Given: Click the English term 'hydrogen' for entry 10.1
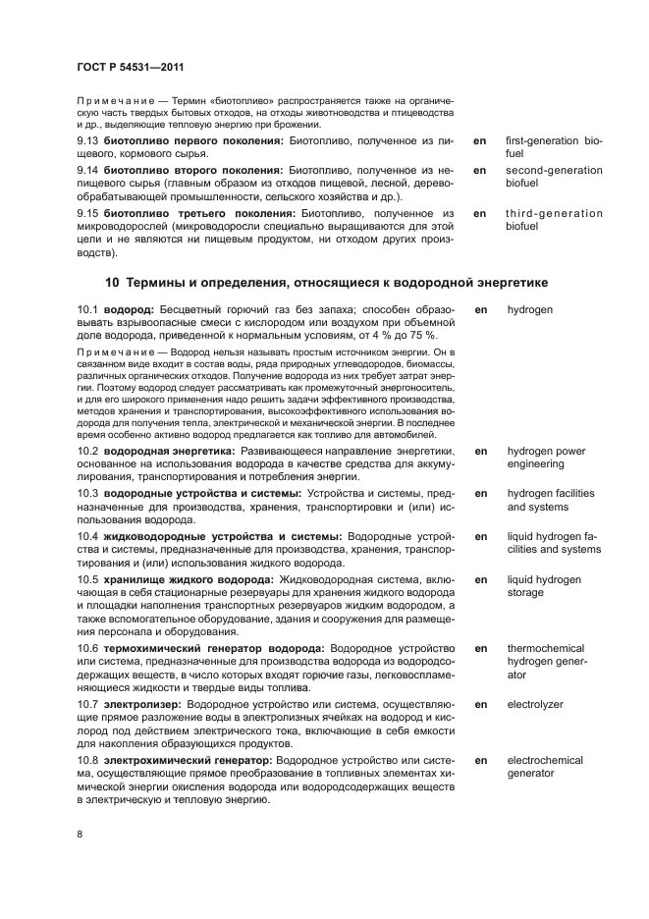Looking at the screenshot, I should [529, 309].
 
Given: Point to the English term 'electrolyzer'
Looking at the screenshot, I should [535, 704].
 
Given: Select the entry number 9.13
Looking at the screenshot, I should [88, 141].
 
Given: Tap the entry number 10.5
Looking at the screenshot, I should [88, 579].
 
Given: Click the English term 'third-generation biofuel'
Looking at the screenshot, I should [554, 219].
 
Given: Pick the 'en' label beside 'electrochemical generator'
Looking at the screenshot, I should [480, 760].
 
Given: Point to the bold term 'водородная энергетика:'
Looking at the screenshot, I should [168, 451].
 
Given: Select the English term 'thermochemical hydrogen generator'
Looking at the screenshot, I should [545, 662].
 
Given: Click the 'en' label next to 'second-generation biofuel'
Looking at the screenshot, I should [480, 170].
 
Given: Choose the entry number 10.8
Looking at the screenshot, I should [88, 760].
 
